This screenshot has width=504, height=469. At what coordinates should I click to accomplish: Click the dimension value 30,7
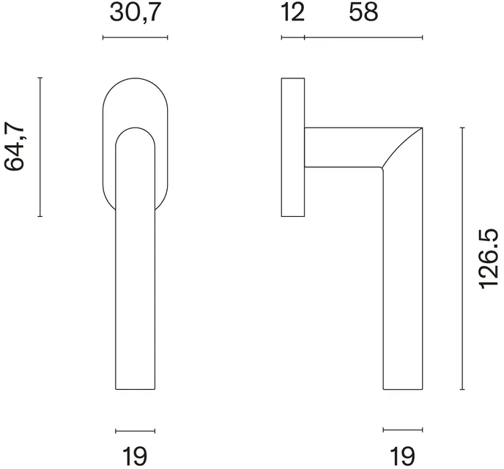(135, 13)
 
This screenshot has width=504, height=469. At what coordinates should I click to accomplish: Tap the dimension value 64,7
(14, 147)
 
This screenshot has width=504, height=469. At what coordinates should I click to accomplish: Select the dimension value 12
(292, 13)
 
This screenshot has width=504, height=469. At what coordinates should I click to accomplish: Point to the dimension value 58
(363, 13)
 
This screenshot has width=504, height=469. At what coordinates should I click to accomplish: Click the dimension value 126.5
(489, 259)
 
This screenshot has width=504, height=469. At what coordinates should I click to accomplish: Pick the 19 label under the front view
(135, 456)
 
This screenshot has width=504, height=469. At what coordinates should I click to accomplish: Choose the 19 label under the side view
(402, 456)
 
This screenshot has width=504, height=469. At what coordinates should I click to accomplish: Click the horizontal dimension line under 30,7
(135, 37)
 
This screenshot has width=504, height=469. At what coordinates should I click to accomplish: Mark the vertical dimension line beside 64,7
(40, 147)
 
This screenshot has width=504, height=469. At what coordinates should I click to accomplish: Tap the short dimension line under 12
(293, 37)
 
